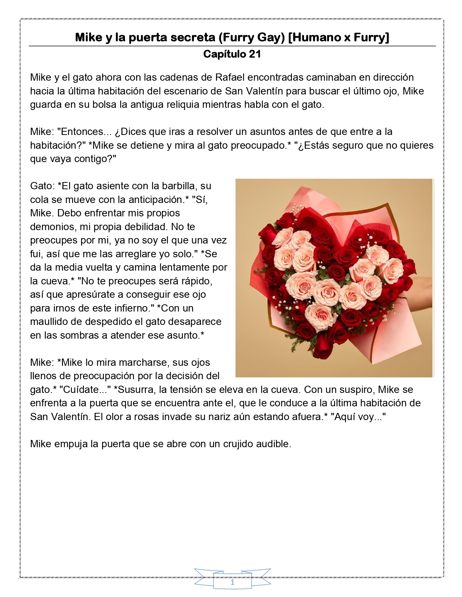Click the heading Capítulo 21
(232, 54)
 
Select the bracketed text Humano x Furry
(338, 37)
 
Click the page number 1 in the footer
(232, 583)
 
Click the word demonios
(52, 227)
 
